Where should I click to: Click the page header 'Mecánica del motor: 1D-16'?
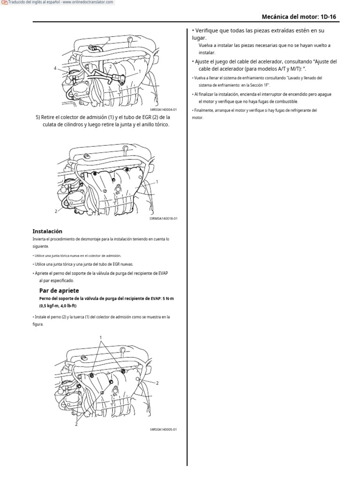tap(299, 17)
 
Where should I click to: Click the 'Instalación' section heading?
tap(47, 231)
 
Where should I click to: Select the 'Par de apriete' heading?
tap(59, 291)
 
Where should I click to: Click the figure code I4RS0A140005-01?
tap(163, 429)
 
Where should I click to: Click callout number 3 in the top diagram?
tap(109, 39)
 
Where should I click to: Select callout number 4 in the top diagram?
tap(55, 68)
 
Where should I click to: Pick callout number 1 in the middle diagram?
tap(157, 181)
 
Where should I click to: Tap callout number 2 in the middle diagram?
tap(56, 211)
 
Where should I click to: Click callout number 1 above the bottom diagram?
tap(100, 337)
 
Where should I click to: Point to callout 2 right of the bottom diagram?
tap(157, 383)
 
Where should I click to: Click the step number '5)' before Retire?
tap(38, 117)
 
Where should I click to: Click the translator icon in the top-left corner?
tap(4, 3)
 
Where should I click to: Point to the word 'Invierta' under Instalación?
tap(40, 239)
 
